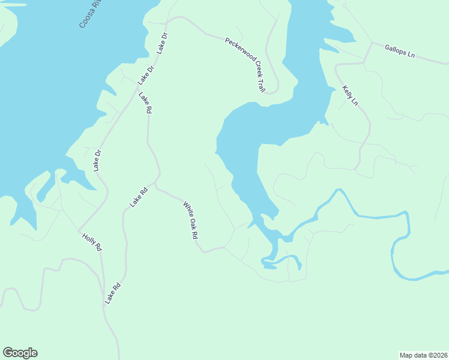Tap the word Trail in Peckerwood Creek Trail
point(261,86)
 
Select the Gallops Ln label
point(400,50)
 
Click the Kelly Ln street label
point(349,95)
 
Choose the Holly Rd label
point(92,242)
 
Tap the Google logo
point(20,353)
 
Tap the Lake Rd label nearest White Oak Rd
point(138,197)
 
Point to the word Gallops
point(396,49)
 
